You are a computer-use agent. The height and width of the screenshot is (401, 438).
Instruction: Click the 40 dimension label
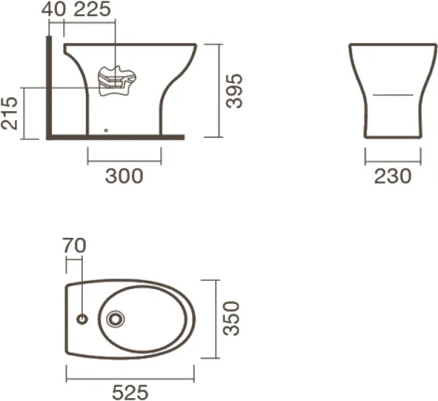[x=53, y=9]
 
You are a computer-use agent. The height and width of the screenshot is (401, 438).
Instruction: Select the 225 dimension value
[x=92, y=9]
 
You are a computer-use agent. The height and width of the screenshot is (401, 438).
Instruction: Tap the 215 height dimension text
[x=9, y=114]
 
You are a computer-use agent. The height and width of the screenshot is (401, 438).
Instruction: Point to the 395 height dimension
[x=234, y=91]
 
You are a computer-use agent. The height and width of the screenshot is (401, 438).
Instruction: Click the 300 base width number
[x=124, y=176]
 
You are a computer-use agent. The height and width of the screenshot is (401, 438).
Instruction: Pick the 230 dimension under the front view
[x=392, y=176]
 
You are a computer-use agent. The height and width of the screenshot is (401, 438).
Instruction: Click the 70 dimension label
[x=75, y=245]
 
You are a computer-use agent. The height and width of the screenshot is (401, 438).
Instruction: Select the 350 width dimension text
[x=232, y=318]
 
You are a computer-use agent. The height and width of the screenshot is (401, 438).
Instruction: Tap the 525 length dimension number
[x=130, y=393]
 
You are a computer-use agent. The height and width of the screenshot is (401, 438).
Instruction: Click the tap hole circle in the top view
[x=82, y=319]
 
